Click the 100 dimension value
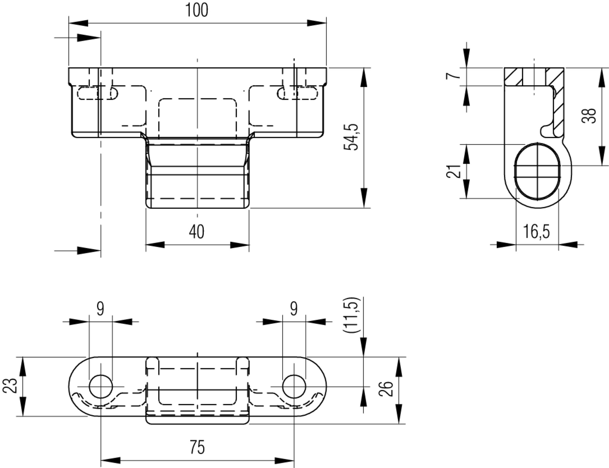pyautogui.click(x=197, y=10)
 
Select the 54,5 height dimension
pyautogui.click(x=351, y=137)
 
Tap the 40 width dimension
pyautogui.click(x=197, y=232)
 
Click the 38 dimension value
pyautogui.click(x=589, y=116)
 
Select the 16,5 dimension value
pyautogui.click(x=536, y=232)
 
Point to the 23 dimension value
pyautogui.click(x=10, y=386)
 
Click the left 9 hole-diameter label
pyautogui.click(x=100, y=309)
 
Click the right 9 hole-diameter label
pyautogui.click(x=294, y=309)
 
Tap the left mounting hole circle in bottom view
pyautogui.click(x=101, y=387)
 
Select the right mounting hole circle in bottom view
pyautogui.click(x=294, y=387)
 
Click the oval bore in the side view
pyautogui.click(x=537, y=172)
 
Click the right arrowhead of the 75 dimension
pyautogui.click(x=285, y=460)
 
